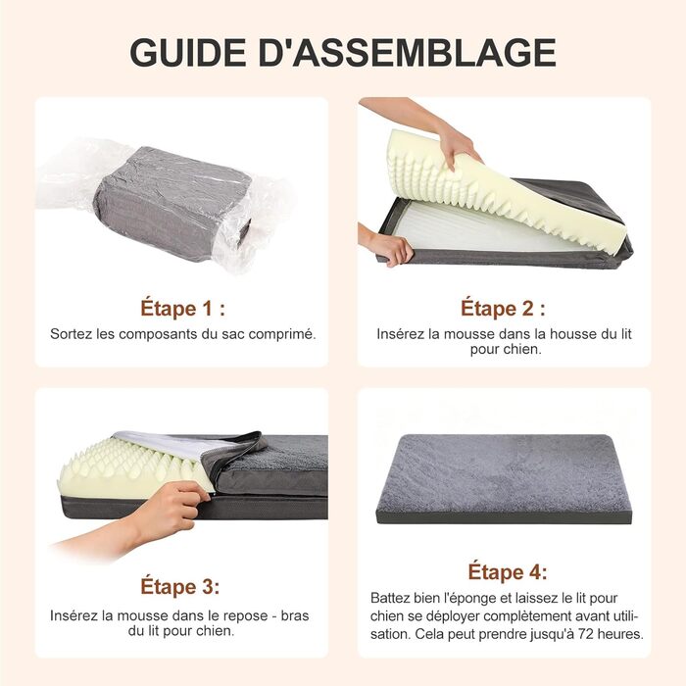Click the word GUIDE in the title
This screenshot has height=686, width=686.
tap(188, 53)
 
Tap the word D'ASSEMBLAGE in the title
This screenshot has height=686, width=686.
tap(408, 53)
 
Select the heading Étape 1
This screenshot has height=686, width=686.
tap(183, 308)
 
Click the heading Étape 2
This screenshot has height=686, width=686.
tap(503, 308)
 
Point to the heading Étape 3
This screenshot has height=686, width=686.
tap(179, 586)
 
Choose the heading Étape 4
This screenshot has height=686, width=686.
tap(508, 571)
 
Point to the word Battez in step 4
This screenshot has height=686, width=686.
tap(391, 598)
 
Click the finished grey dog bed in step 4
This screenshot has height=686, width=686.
tap(504, 478)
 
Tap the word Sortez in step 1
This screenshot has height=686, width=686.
tap(72, 334)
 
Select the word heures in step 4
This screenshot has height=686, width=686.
tap(620, 633)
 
